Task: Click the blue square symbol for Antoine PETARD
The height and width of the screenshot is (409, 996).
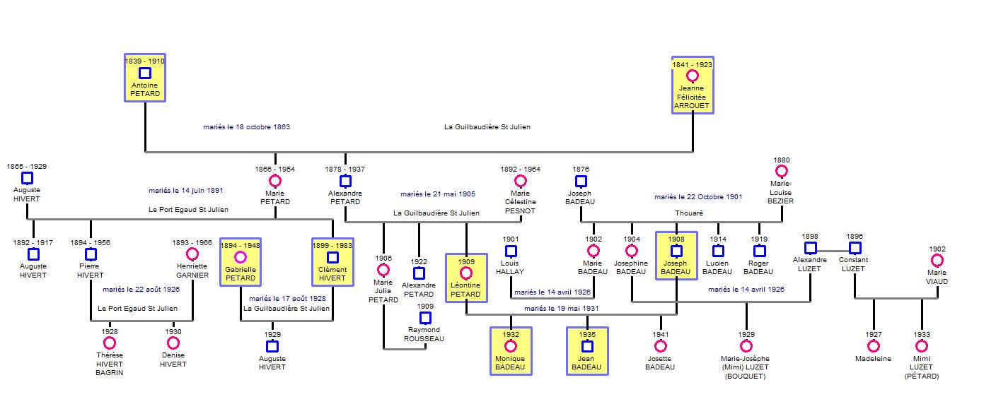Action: (x=145, y=73)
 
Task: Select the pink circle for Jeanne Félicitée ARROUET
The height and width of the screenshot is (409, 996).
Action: (x=693, y=76)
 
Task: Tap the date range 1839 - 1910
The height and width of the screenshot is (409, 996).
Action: (x=145, y=61)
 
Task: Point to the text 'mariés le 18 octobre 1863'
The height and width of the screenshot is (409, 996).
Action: (x=246, y=127)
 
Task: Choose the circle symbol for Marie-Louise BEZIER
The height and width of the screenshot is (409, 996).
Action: (x=782, y=171)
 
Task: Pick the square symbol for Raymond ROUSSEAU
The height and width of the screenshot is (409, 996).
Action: (x=424, y=318)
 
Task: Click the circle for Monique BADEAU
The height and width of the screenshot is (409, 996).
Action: (x=510, y=346)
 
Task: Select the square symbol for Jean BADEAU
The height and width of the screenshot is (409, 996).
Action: (x=587, y=346)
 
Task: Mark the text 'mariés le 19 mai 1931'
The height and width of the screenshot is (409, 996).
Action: (x=562, y=309)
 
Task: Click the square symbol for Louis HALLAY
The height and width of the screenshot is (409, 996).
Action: (x=510, y=251)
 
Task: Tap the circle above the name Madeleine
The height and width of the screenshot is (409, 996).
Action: (x=874, y=345)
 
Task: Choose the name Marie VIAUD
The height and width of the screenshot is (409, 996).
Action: (x=937, y=277)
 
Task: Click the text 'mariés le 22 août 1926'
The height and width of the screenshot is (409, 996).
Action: (x=141, y=289)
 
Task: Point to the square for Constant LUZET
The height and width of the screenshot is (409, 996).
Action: (x=855, y=248)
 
